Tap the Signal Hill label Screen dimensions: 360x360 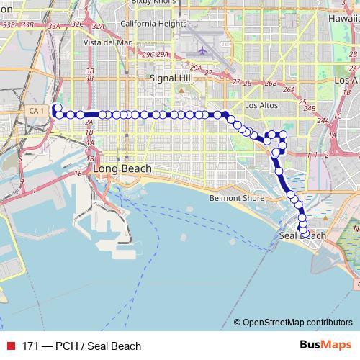click(168, 77)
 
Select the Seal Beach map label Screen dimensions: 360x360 click(302, 236)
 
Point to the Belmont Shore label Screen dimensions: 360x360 click(237, 198)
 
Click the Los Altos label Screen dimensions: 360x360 click(261, 105)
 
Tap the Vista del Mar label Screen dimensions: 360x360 click(107, 42)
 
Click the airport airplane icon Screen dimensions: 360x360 click(202, 51)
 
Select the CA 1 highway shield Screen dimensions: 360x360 click(38, 110)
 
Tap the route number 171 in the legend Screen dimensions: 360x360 click(30, 346)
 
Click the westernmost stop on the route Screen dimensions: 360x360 click(58, 107)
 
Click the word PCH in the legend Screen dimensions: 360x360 click(68, 346)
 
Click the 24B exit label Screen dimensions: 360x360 click(310, 108)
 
